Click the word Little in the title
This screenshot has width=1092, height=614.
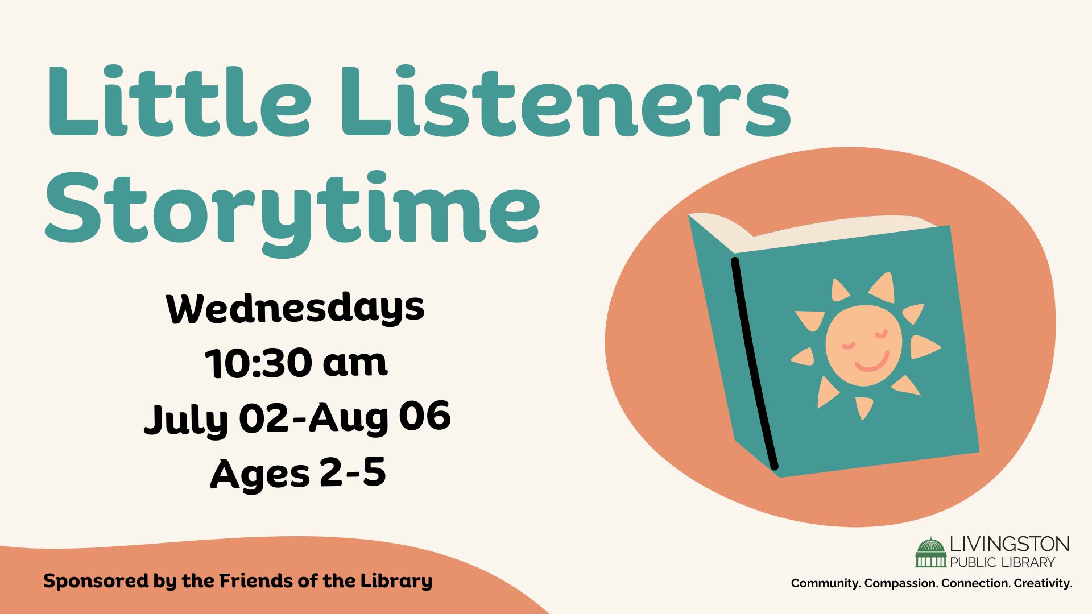(x=180, y=101)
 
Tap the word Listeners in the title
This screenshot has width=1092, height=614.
(x=565, y=101)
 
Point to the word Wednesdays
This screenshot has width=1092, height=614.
(x=295, y=308)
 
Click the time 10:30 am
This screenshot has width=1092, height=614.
(x=296, y=362)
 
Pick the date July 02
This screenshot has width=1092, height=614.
(x=218, y=418)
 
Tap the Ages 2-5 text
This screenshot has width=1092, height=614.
(x=298, y=473)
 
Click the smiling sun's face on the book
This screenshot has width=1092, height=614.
(x=863, y=345)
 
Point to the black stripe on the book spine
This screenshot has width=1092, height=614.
(x=754, y=364)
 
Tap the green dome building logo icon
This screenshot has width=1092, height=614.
(x=930, y=553)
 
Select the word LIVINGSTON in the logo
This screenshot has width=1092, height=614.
(x=1010, y=544)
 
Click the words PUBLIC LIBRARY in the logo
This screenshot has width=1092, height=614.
(x=1003, y=562)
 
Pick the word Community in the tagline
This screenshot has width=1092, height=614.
(x=826, y=583)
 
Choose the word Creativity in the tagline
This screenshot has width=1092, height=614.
(x=1043, y=583)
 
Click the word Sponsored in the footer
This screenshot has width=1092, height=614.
(x=97, y=582)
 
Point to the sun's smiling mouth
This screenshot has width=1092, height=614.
(x=872, y=362)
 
